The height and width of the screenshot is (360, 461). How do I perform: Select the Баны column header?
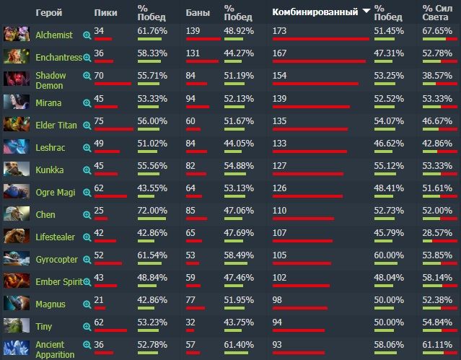click(197, 12)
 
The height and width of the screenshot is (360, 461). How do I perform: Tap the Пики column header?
click(106, 12)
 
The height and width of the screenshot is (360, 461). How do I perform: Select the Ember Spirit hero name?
click(59, 281)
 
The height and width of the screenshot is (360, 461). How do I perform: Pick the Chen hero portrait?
click(12, 214)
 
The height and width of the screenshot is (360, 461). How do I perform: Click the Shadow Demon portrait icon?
click(12, 79)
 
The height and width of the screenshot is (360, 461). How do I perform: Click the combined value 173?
click(283, 31)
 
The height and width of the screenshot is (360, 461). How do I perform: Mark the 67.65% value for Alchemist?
click(437, 31)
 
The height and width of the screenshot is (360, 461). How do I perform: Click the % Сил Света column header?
click(437, 12)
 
